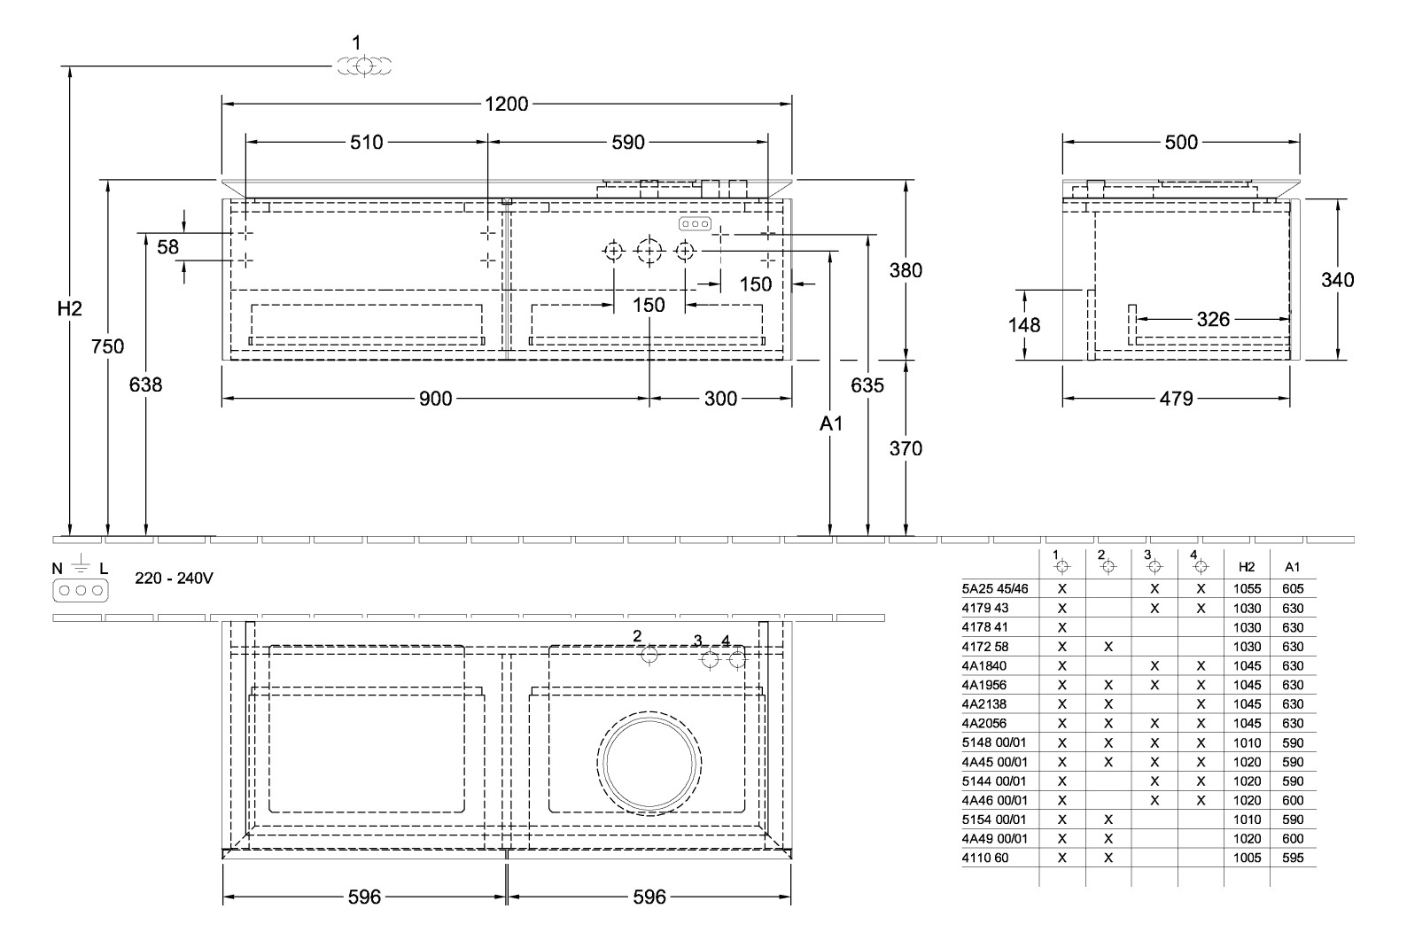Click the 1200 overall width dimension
pos(506,105)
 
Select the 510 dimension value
pos(366,142)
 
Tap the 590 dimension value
pos(627,142)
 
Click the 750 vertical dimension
pos(108,346)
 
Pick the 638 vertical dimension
pos(146,385)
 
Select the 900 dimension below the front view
pos(435,399)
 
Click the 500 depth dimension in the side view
pos(1180,142)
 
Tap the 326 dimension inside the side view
pos(1213,319)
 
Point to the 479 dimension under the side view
pos(1176,399)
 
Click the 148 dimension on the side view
pos(1024,325)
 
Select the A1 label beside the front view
pos(830,424)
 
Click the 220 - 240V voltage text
pos(174,579)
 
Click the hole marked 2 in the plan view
pos(649,655)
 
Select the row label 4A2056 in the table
pos(983,723)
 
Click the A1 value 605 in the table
pos(1293,588)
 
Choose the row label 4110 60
pos(984,858)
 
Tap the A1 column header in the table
pos(1292,566)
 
